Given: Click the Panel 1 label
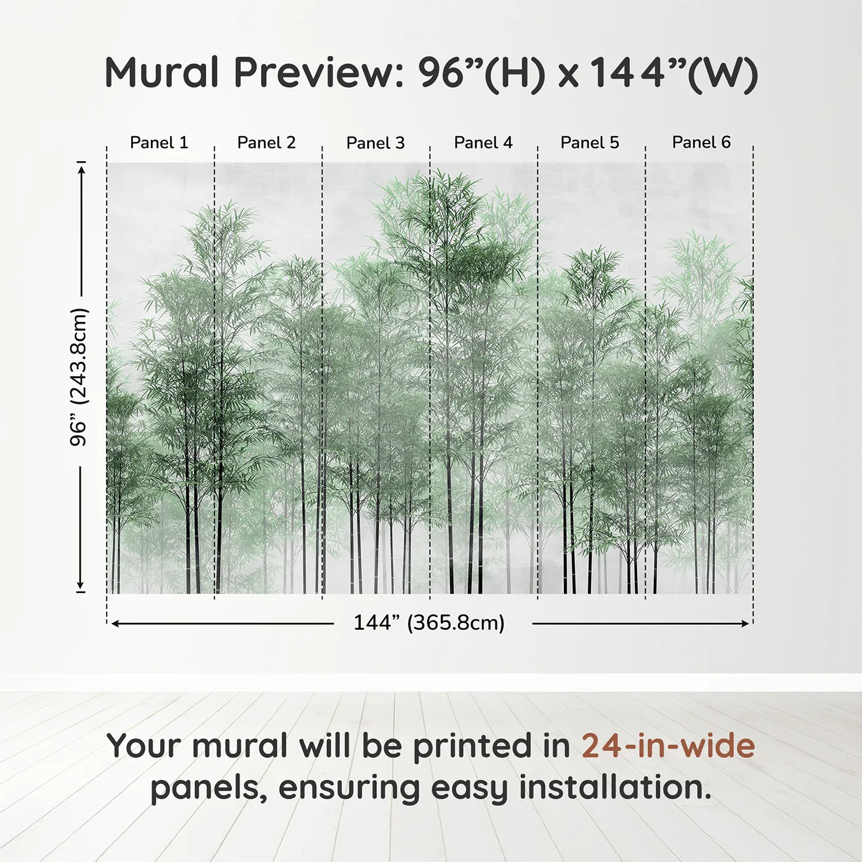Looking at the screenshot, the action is [x=159, y=143].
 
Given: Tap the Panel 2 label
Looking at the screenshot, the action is [x=266, y=143].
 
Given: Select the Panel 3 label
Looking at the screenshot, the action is [x=376, y=143].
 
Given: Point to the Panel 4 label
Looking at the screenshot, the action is [x=483, y=143].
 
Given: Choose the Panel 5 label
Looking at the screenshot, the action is [x=590, y=143].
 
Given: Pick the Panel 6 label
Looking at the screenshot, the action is [x=701, y=142].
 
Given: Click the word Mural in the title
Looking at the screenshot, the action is [x=162, y=73].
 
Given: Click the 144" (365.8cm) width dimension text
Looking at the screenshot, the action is [x=429, y=622].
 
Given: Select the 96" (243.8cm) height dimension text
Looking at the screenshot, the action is [x=79, y=377].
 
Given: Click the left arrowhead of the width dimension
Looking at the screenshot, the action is [x=115, y=624].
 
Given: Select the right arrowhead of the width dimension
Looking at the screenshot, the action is [x=745, y=624].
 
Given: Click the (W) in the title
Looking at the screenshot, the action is [x=722, y=75].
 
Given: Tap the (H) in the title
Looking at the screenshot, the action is [x=515, y=75].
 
